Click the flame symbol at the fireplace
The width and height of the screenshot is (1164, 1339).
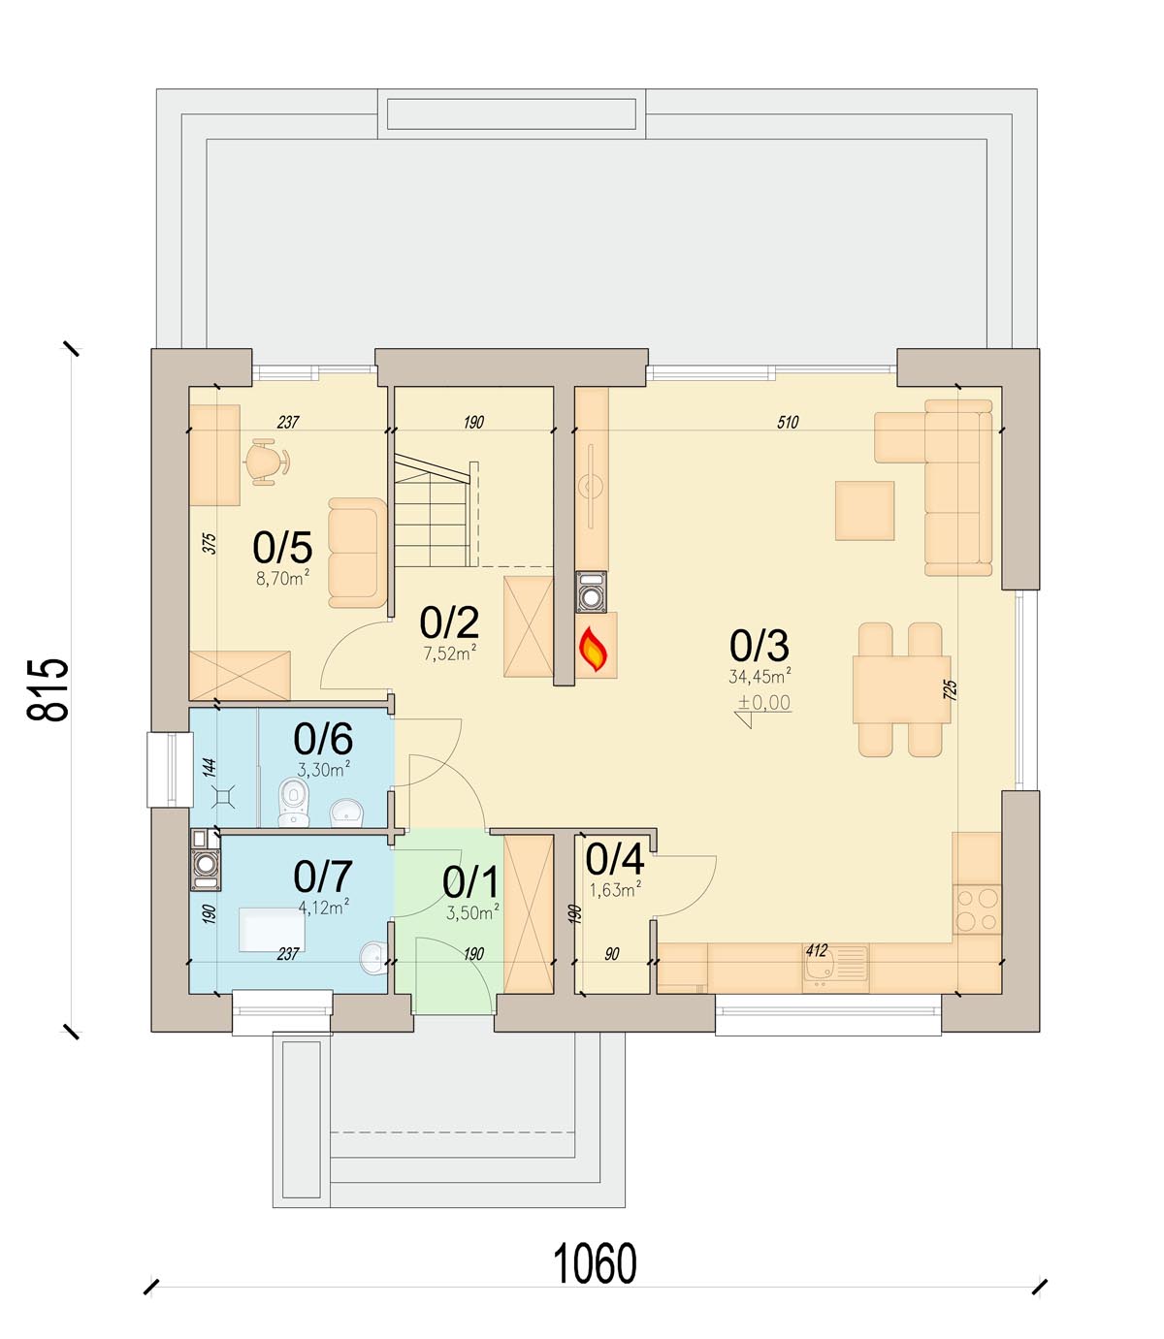pyautogui.click(x=593, y=649)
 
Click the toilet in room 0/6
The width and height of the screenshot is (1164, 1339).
pyautogui.click(x=293, y=802)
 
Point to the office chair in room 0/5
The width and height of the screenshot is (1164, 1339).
pyautogui.click(x=266, y=462)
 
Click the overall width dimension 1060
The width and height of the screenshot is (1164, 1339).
pyautogui.click(x=595, y=1265)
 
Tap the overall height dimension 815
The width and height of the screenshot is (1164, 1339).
pyautogui.click(x=48, y=689)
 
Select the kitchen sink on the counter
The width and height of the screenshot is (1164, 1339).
pyautogui.click(x=836, y=968)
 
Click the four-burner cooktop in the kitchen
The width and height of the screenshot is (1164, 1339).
pyautogui.click(x=976, y=909)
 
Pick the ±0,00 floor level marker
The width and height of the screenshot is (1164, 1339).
pyautogui.click(x=763, y=703)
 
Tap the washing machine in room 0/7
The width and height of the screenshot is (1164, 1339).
pyautogui.click(x=205, y=860)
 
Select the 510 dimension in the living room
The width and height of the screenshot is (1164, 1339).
pyautogui.click(x=788, y=422)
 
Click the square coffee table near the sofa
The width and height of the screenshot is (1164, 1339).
pyautogui.click(x=864, y=510)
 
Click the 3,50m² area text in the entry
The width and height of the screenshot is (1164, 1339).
pyautogui.click(x=472, y=911)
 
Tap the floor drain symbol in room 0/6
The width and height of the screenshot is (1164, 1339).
pyautogui.click(x=224, y=796)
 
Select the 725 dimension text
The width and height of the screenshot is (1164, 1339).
pyautogui.click(x=951, y=690)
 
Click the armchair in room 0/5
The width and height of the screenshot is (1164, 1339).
pyautogui.click(x=358, y=553)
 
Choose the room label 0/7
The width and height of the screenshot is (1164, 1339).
pyautogui.click(x=323, y=877)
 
